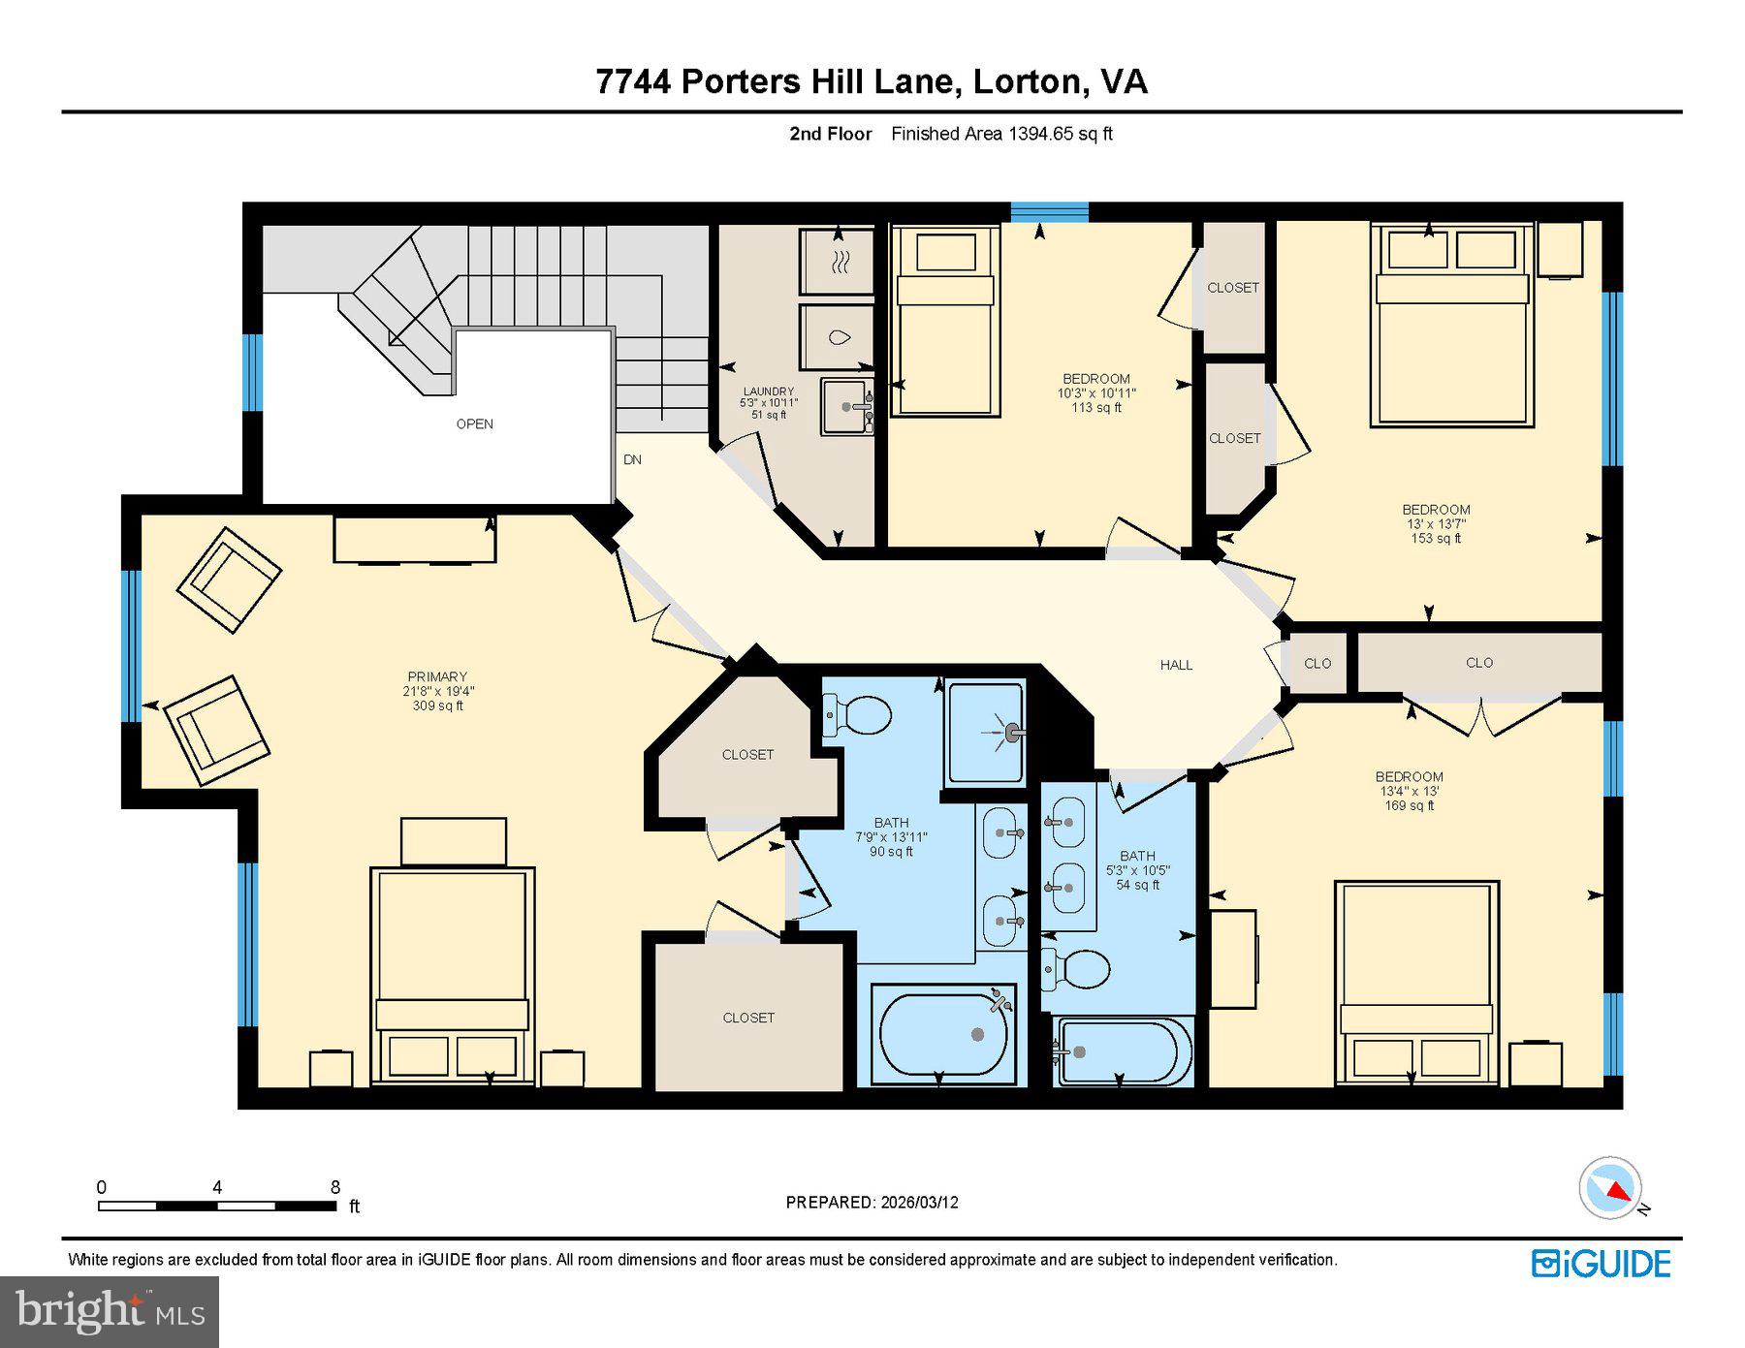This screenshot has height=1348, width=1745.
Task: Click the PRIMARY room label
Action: pos(437,677)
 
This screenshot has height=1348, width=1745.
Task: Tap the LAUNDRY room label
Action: pos(768,392)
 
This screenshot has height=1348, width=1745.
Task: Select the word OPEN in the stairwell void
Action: pos(475,424)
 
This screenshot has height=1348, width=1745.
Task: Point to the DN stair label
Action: pos(632,460)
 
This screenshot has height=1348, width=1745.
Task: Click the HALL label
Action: pos(1176,665)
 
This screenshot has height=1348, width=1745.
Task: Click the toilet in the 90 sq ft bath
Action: pos(857,716)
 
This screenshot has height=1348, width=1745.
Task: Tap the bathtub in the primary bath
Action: pos(942,1034)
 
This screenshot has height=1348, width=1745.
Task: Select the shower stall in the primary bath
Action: pos(985,732)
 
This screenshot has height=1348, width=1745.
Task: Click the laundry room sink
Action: pos(846,407)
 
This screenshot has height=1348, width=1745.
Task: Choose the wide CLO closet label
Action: pos(1478,663)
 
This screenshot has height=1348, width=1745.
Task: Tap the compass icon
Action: pos(1610,1188)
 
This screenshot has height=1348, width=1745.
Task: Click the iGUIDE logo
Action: pos(1601,1264)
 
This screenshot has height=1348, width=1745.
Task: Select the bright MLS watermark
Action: pos(110,1311)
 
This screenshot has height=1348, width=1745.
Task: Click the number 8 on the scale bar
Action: pos(335,1187)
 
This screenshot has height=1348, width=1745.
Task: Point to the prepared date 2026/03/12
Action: pos(919,1203)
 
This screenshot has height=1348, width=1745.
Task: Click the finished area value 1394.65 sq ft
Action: pos(1060,135)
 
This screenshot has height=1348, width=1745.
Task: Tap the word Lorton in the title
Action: pos(1027,81)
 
